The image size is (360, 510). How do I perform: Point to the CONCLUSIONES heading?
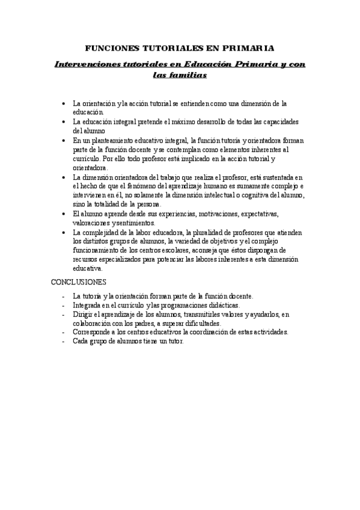78,281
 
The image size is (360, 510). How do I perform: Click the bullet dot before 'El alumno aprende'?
64,214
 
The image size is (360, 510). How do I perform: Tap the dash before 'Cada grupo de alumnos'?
64,341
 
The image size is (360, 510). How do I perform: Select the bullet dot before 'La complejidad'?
64,232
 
